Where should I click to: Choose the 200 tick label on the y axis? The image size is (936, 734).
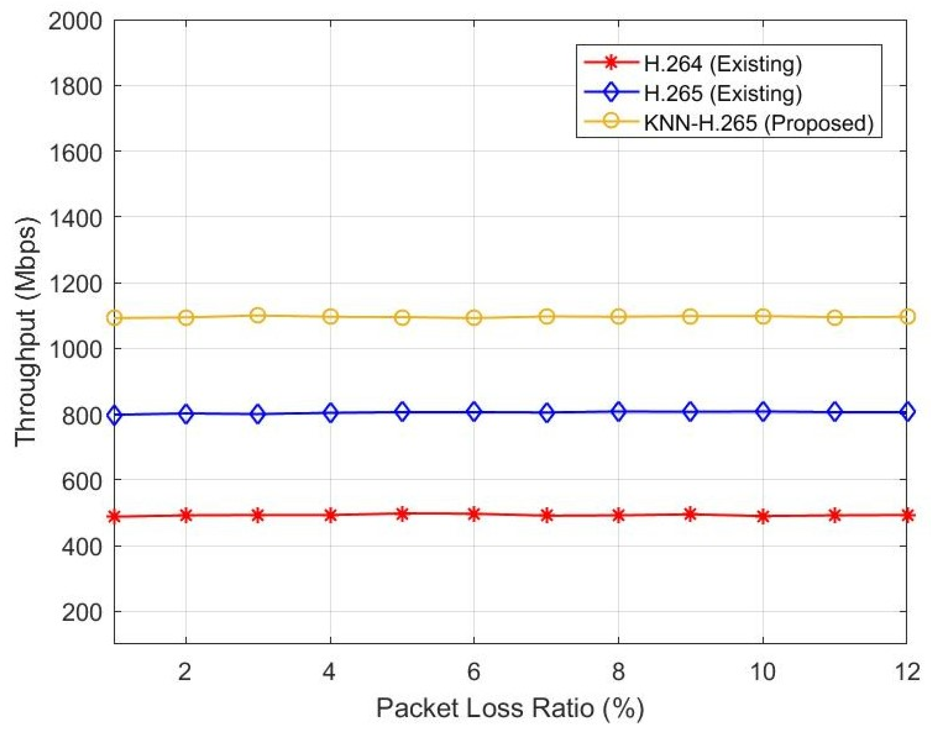coord(82,612)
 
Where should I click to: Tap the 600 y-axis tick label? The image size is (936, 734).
coord(82,480)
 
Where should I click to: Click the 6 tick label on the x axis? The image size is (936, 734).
coord(473,672)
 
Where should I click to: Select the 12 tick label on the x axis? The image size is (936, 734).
coord(906,672)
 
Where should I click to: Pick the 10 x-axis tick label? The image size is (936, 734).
coord(762,672)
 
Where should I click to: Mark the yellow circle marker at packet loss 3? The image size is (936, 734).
coord(257,315)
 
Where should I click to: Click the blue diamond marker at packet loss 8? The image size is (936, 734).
coord(618,412)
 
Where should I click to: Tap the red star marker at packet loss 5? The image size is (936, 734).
coord(402,514)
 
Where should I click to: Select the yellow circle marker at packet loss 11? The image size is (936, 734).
coord(834,318)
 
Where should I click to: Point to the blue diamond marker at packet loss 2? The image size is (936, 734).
coord(186,414)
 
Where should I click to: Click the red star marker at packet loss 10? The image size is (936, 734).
coord(763,516)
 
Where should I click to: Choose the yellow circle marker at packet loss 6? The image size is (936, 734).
coord(474,318)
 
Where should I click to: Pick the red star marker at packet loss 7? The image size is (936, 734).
coord(546,515)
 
